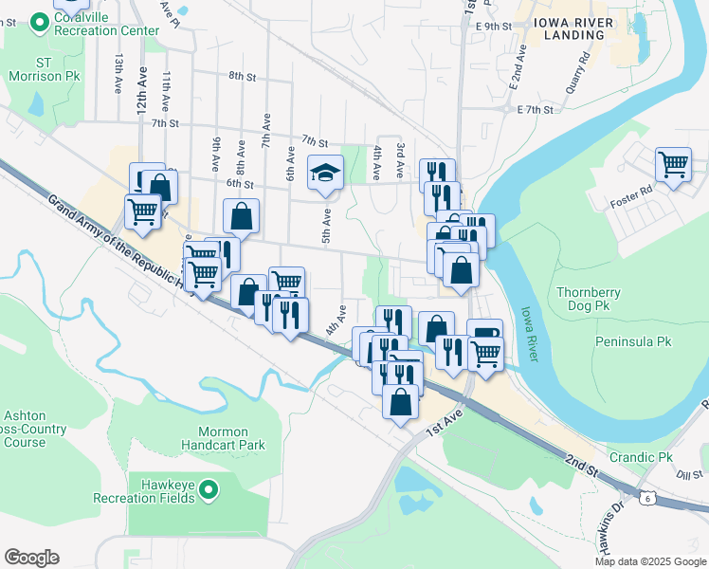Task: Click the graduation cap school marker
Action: (325, 174)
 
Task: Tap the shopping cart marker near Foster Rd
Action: (673, 164)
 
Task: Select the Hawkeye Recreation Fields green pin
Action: (209, 489)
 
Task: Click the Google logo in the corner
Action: (31, 558)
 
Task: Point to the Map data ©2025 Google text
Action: (649, 560)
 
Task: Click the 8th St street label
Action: (243, 76)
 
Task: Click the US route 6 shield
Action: (645, 497)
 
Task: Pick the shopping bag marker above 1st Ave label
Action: (401, 400)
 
